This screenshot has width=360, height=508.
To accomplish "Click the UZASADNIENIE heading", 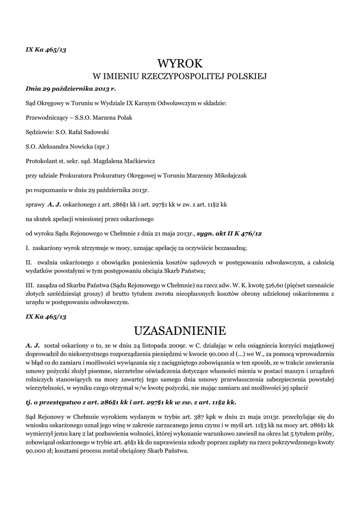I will [180, 330].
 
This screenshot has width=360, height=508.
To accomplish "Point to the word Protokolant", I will [42, 161].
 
